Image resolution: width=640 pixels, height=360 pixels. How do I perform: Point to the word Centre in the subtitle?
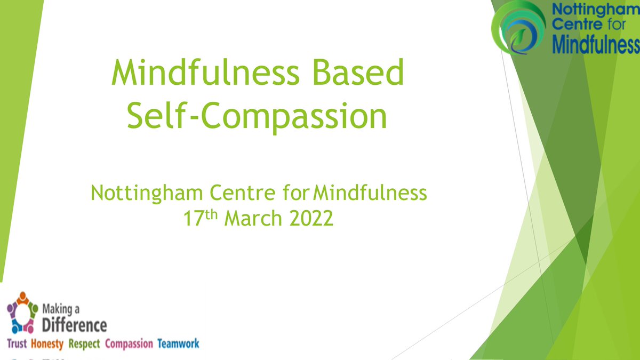[x=242, y=193]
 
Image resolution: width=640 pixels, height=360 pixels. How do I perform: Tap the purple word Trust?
[x=17, y=344]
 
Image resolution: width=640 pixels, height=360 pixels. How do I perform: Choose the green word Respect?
[x=84, y=344]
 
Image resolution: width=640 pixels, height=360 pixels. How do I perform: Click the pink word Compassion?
[x=129, y=344]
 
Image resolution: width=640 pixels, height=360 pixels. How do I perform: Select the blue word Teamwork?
[x=178, y=344]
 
